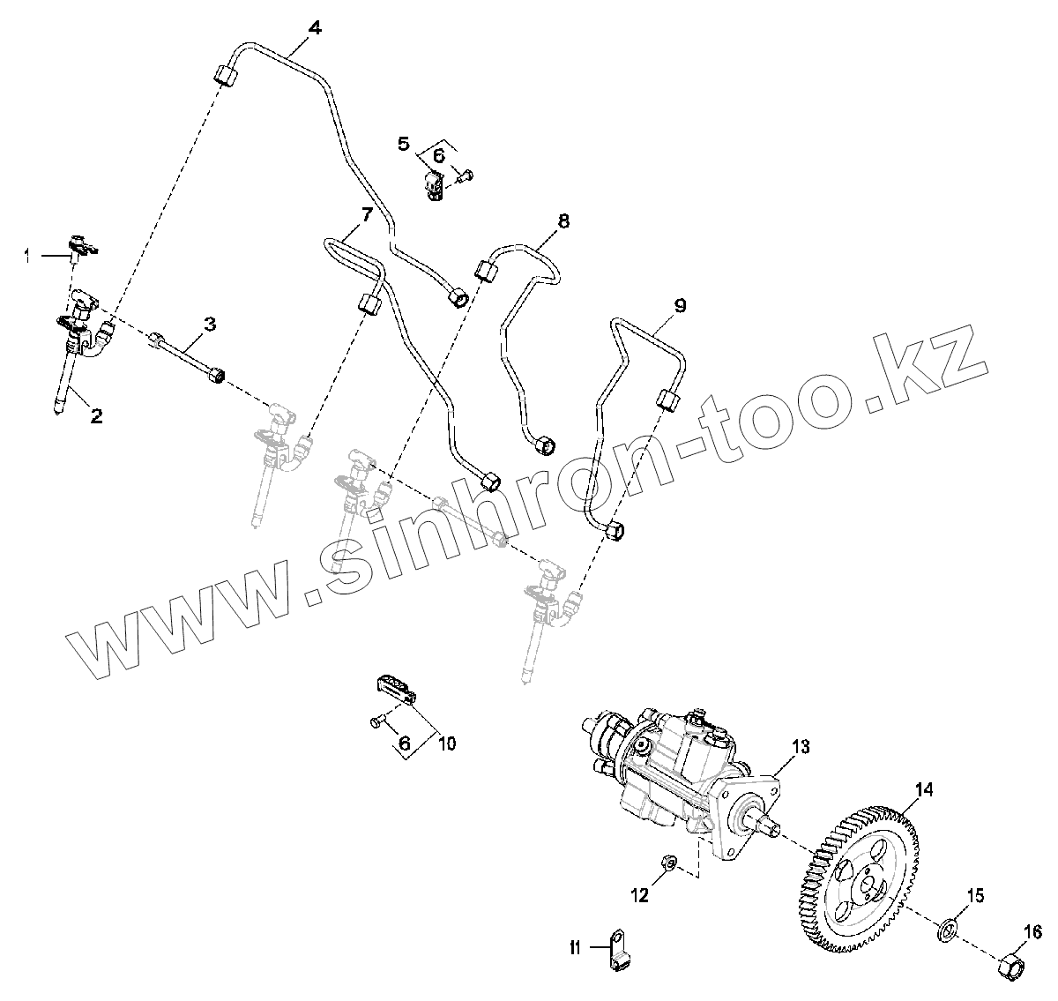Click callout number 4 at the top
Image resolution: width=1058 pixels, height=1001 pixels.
[x=315, y=26]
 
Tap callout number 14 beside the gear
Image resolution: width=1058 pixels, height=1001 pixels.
[x=922, y=790]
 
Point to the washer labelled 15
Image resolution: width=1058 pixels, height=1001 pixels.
[x=949, y=929]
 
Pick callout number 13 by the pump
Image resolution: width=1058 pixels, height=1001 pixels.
[x=799, y=747]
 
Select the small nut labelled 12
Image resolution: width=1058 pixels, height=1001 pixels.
[x=668, y=861]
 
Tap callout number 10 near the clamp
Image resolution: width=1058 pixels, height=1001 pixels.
[x=447, y=743]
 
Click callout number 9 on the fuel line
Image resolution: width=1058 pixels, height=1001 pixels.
[x=679, y=306]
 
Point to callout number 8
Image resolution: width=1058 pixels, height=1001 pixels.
[x=563, y=220]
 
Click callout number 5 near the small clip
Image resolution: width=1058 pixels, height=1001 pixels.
[x=404, y=143]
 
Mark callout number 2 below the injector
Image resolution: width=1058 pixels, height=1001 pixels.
[x=96, y=415]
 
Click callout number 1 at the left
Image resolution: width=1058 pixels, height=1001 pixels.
[x=27, y=256]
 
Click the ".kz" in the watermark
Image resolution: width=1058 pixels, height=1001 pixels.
[x=926, y=370]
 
